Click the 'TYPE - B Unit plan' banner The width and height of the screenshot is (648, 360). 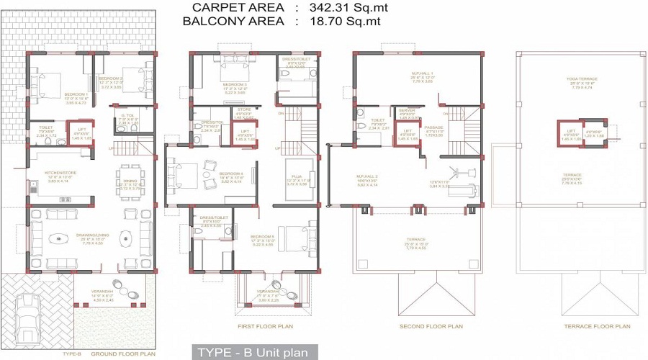253,352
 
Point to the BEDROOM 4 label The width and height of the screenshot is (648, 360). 230,174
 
